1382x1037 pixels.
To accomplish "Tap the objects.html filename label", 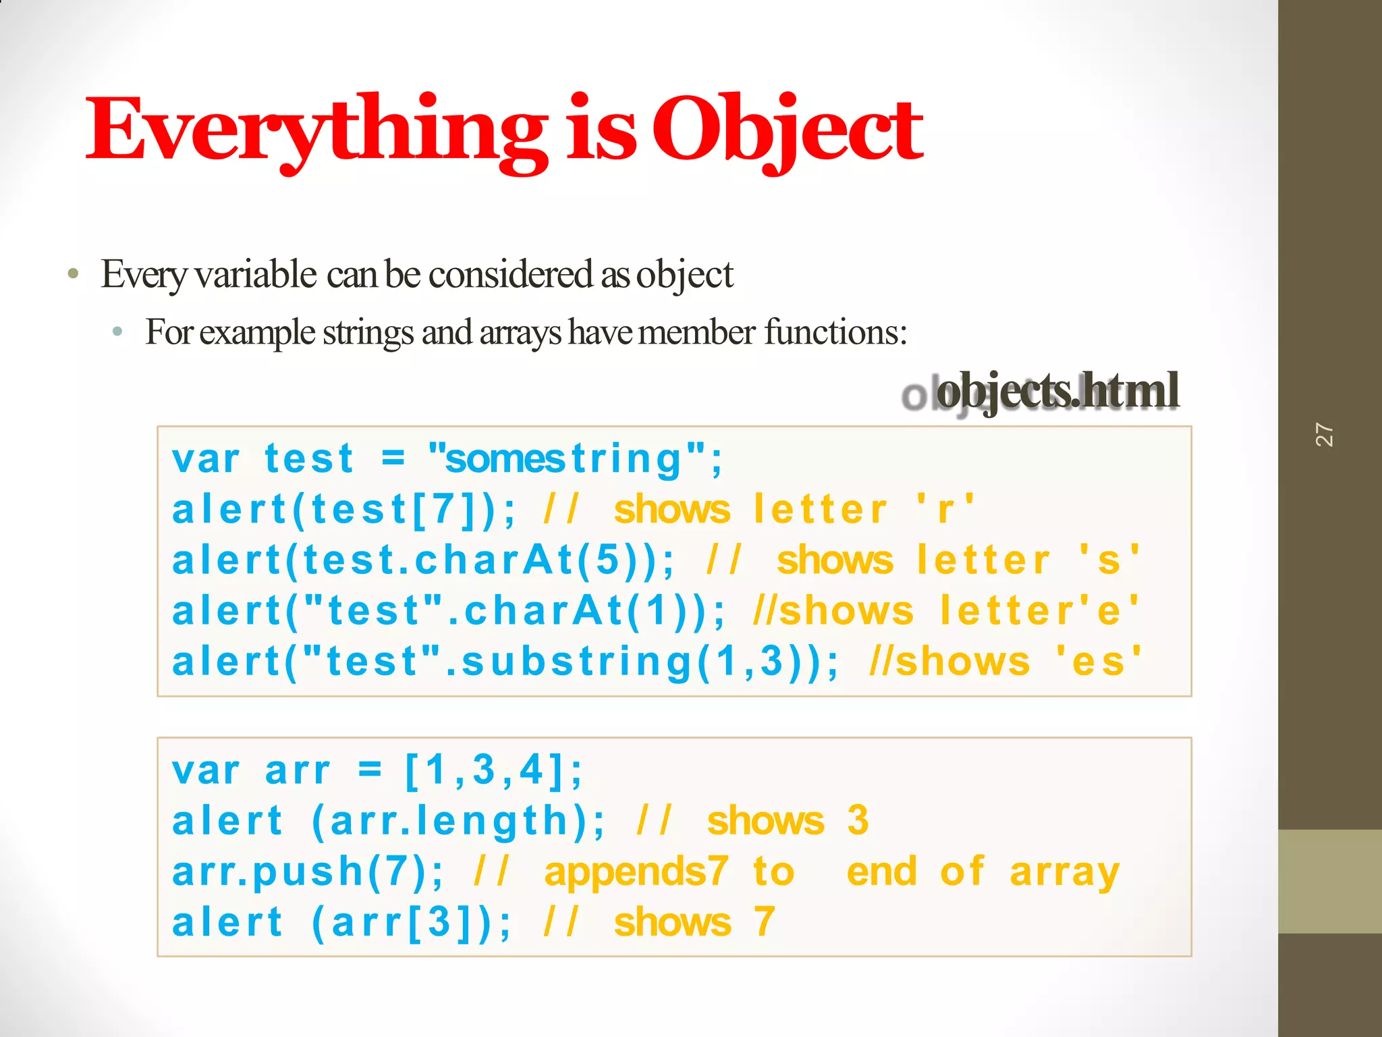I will [1057, 392].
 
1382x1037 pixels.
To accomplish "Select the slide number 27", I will [1324, 435].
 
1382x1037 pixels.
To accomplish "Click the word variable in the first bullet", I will [256, 274].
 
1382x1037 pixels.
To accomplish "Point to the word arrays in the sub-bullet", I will [520, 332].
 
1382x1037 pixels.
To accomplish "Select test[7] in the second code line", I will [391, 510].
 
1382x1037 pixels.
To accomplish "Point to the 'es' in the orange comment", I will [1097, 662].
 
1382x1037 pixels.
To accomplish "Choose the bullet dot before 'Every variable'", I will [74, 275].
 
